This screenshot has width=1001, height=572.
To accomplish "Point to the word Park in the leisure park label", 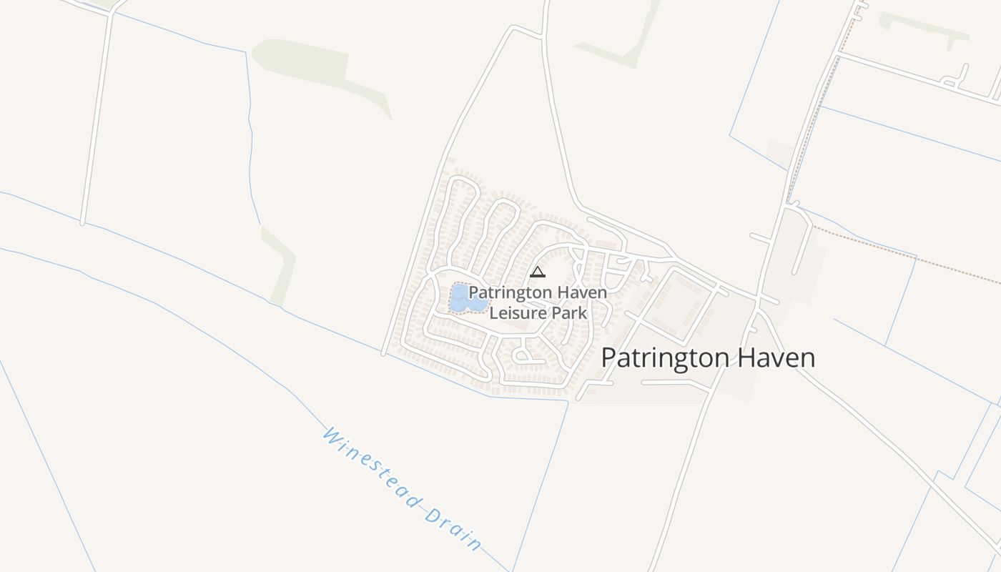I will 569,313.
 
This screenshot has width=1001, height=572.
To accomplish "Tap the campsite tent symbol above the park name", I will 538,272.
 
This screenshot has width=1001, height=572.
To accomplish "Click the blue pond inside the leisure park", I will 466,299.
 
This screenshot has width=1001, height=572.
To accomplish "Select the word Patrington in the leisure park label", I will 510,293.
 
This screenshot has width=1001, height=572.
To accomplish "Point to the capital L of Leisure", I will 493,313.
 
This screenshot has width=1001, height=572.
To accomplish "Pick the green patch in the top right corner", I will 922,27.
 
